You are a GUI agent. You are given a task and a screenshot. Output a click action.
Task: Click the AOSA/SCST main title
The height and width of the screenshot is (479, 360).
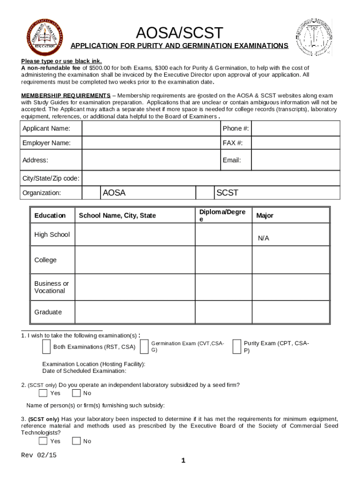point(180,33)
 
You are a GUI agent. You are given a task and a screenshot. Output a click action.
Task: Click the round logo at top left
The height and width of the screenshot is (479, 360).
point(45,37)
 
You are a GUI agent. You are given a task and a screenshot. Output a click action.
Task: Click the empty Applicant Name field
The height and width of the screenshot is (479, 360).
point(151,128)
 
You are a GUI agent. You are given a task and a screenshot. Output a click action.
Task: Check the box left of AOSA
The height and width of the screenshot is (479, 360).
point(91,193)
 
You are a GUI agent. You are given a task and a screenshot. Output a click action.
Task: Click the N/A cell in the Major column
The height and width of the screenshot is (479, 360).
point(263,238)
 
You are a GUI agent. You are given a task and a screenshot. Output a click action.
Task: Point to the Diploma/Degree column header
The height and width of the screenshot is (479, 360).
point(223,215)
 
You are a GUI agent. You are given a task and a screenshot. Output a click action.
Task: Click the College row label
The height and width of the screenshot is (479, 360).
point(45,260)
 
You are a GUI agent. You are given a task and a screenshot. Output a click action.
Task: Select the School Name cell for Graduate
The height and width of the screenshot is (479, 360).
point(135,312)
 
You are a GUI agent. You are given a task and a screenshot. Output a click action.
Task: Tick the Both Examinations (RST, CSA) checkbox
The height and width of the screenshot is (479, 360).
point(46,347)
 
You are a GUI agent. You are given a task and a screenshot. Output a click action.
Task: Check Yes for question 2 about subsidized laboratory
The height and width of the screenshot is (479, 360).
point(43,393)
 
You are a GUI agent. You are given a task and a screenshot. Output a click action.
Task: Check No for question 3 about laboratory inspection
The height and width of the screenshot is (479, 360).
point(77,441)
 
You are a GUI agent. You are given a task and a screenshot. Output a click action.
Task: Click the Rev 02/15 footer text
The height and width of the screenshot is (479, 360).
point(39,455)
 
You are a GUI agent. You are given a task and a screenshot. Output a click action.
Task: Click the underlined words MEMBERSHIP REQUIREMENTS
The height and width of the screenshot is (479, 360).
point(66,95)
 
